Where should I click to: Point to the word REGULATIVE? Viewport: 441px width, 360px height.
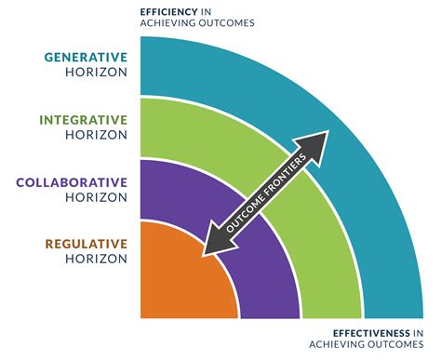[x=86, y=244]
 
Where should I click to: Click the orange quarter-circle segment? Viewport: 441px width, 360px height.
[x=177, y=279]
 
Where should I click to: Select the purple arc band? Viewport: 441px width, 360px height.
[x=270, y=279]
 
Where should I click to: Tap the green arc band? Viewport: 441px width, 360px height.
[x=330, y=279]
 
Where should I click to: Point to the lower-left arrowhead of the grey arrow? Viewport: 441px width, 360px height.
[x=210, y=243]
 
